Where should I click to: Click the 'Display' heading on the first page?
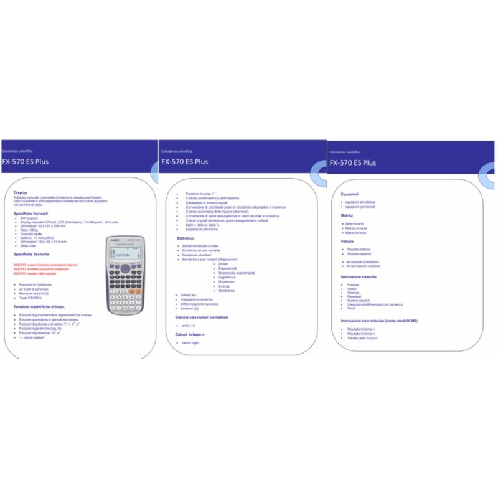(x=21, y=192)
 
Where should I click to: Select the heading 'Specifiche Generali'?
(x=31, y=214)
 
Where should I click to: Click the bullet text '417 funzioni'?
(x=29, y=218)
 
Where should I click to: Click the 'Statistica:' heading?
(x=186, y=238)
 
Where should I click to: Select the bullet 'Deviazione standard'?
(x=197, y=255)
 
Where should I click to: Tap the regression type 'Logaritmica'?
(x=228, y=277)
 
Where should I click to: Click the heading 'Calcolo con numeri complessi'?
(x=202, y=317)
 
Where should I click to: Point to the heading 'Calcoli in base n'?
(x=190, y=334)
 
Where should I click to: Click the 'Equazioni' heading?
(x=349, y=194)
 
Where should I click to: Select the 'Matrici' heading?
(x=347, y=215)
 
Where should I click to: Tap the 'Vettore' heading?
(x=347, y=241)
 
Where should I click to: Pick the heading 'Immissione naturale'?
(x=359, y=276)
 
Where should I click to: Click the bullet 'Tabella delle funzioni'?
(x=362, y=337)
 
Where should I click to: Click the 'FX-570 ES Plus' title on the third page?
(x=352, y=163)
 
